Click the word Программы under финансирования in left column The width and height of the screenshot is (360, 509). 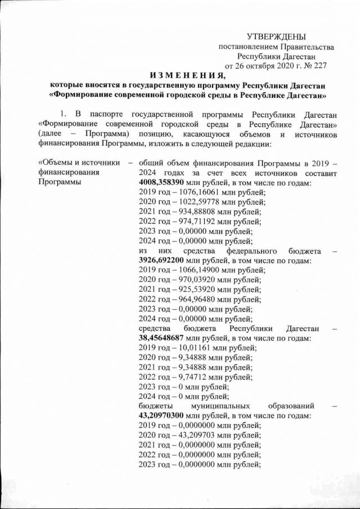point(59,182)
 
